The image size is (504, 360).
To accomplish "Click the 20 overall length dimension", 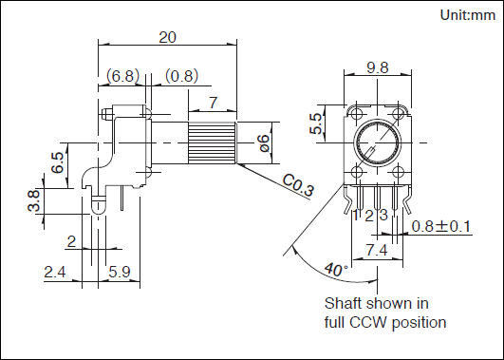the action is point(167,38).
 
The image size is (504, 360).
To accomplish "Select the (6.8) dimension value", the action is point(123,76).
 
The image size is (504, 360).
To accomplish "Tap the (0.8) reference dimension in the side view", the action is point(182,76).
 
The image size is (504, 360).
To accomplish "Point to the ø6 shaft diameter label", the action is point(265,143).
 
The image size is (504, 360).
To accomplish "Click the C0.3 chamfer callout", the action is point(298,184).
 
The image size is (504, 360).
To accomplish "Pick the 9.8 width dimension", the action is point(378,67).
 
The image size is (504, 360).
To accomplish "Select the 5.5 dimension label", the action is point(316,123).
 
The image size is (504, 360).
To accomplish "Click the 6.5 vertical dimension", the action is point(59,162).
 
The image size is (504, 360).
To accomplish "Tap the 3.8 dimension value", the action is point(34,200).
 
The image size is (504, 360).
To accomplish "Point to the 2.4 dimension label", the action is point(55,273).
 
